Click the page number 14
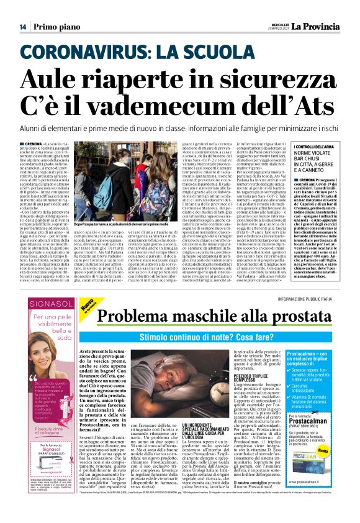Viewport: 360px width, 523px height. click(22, 27)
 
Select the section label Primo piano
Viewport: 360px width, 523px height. click(56, 27)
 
